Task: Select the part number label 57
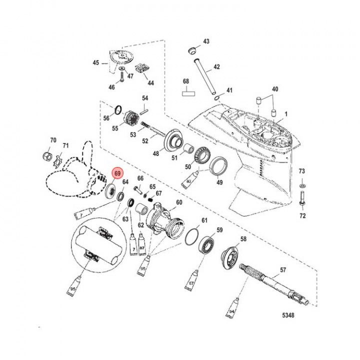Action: pyautogui.click(x=283, y=269)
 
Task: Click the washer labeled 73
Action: pyautogui.click(x=301, y=185)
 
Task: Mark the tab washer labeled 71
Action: pyautogui.click(x=57, y=160)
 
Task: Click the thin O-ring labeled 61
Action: pyautogui.click(x=191, y=238)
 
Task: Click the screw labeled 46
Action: pyautogui.click(x=120, y=77)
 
